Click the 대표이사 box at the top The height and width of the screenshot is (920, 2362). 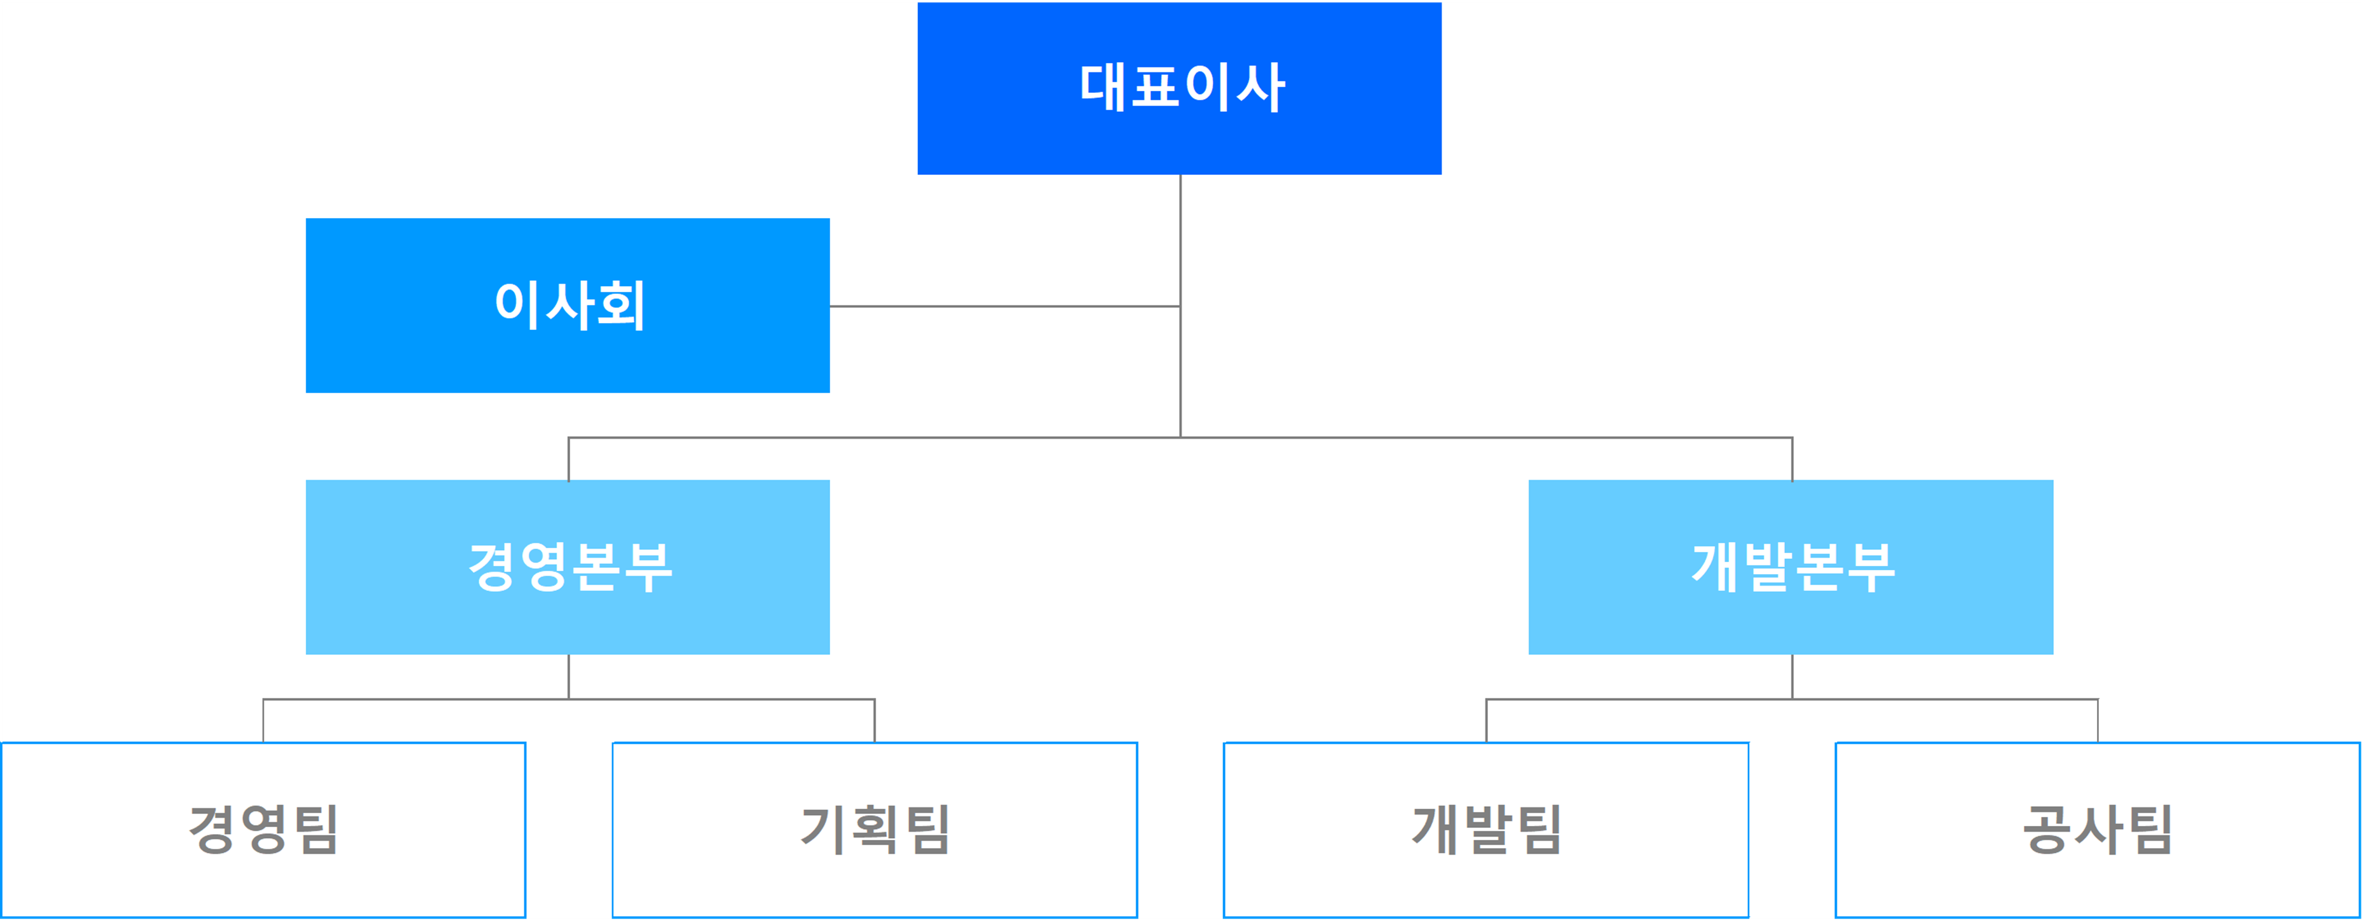pyautogui.click(x=1179, y=88)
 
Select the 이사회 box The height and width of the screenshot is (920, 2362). pyautogui.click(x=568, y=305)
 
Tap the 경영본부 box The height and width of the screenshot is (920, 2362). pyautogui.click(x=568, y=567)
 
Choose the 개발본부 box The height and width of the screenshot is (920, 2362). pyautogui.click(x=1791, y=567)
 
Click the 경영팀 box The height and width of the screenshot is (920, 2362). pyautogui.click(x=263, y=830)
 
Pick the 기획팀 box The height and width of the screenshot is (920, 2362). pyautogui.click(x=875, y=830)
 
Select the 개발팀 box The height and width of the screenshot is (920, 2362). pyautogui.click(x=1486, y=830)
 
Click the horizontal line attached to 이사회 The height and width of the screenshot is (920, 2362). pyautogui.click(x=1005, y=306)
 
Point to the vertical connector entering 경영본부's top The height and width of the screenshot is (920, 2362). pyautogui.click(x=568, y=458)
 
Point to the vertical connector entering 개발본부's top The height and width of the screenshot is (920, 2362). pyautogui.click(x=1792, y=458)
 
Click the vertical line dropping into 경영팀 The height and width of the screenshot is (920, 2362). pyautogui.click(x=263, y=721)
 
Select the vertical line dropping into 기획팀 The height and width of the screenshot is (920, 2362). pyautogui.click(x=875, y=721)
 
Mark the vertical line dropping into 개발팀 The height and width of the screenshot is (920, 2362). pyautogui.click(x=1486, y=721)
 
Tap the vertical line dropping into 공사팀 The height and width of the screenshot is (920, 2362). pyautogui.click(x=2098, y=721)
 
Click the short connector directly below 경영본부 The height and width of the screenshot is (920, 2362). pyautogui.click(x=568, y=677)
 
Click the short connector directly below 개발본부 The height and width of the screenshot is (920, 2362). pyautogui.click(x=1792, y=677)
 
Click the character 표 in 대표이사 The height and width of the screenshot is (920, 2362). pyautogui.click(x=1156, y=87)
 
